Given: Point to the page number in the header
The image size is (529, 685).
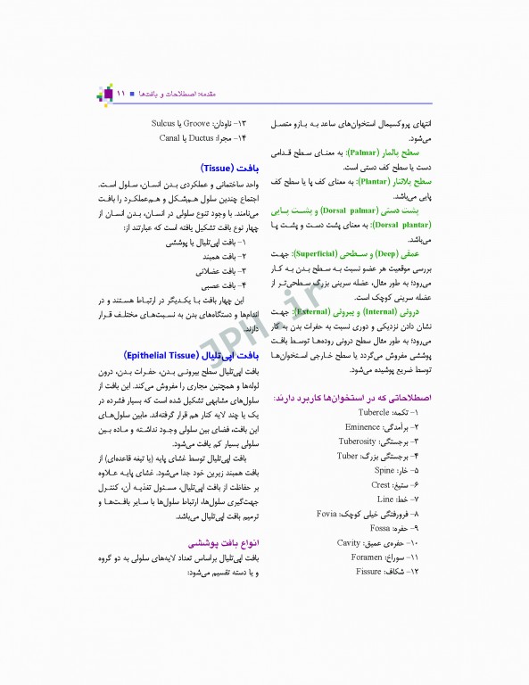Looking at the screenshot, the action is click(x=122, y=93).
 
